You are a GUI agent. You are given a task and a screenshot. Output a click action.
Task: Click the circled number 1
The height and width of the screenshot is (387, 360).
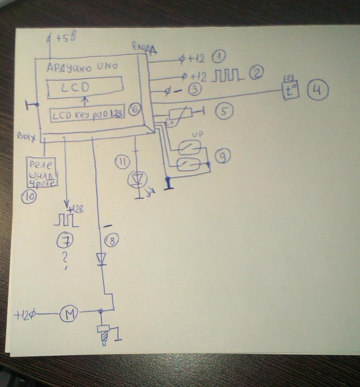[219, 58]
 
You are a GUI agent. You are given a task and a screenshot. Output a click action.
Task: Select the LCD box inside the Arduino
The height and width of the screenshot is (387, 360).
[85, 87]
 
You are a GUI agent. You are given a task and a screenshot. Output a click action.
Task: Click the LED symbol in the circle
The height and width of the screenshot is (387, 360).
[138, 179]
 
